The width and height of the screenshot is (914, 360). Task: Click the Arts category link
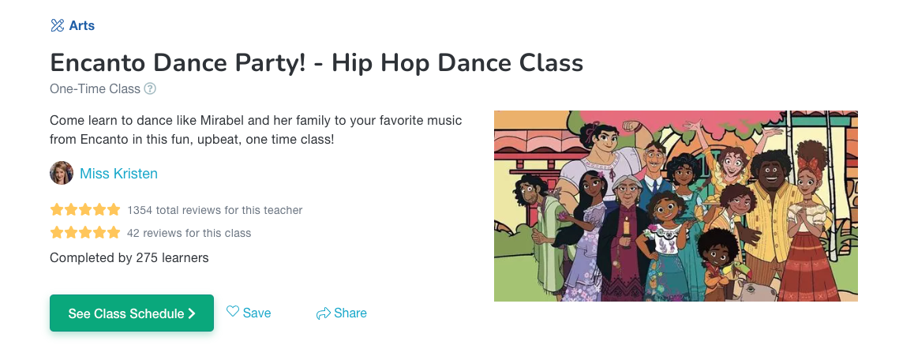click(x=81, y=26)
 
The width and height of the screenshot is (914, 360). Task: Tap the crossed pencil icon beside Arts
click(x=57, y=26)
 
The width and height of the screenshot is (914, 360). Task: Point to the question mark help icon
click(x=150, y=88)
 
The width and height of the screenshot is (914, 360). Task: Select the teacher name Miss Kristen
click(x=118, y=174)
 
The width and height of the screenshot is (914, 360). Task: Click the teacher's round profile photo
click(x=62, y=174)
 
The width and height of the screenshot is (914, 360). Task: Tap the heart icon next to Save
click(x=233, y=312)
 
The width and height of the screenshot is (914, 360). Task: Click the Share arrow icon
click(x=323, y=314)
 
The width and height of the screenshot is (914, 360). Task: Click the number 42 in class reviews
click(x=133, y=234)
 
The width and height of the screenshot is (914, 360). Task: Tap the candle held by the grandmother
click(x=626, y=227)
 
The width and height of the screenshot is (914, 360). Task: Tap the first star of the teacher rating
click(x=57, y=209)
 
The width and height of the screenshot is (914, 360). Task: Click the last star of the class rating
click(x=114, y=233)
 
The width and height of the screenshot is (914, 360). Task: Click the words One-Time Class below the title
click(x=95, y=88)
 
